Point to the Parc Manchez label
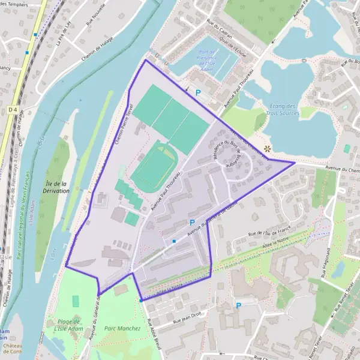pyautogui.click(x=122, y=328)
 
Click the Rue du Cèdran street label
pyautogui.click(x=216, y=30)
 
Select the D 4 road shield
pyautogui.click(x=13, y=110)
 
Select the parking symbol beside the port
pyautogui.click(x=198, y=93)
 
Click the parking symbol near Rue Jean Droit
pyautogui.click(x=238, y=305)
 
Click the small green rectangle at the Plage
pyautogui.click(x=76, y=301)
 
